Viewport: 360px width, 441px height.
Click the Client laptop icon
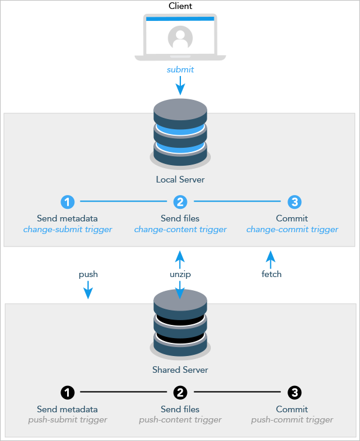point(180,37)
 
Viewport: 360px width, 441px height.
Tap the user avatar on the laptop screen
point(180,38)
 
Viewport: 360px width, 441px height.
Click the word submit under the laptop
point(180,69)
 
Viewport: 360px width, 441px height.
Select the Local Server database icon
point(180,133)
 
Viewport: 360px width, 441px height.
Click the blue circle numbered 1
point(68,202)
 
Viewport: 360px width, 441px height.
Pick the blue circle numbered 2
point(180,202)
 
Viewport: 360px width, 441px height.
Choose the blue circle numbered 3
point(294,202)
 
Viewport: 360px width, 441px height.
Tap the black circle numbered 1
point(68,393)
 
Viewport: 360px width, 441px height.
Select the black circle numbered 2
point(180,393)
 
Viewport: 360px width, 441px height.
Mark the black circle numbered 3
point(294,393)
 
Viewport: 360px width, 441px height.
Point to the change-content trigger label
point(180,229)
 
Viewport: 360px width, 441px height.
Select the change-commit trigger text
point(292,229)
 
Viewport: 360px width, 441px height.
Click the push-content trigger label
point(180,419)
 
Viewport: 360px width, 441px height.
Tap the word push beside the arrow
point(88,274)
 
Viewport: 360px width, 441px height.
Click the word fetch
point(271,274)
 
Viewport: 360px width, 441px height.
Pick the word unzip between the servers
point(180,274)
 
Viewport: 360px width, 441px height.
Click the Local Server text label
point(180,179)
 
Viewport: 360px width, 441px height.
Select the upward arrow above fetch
point(271,258)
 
